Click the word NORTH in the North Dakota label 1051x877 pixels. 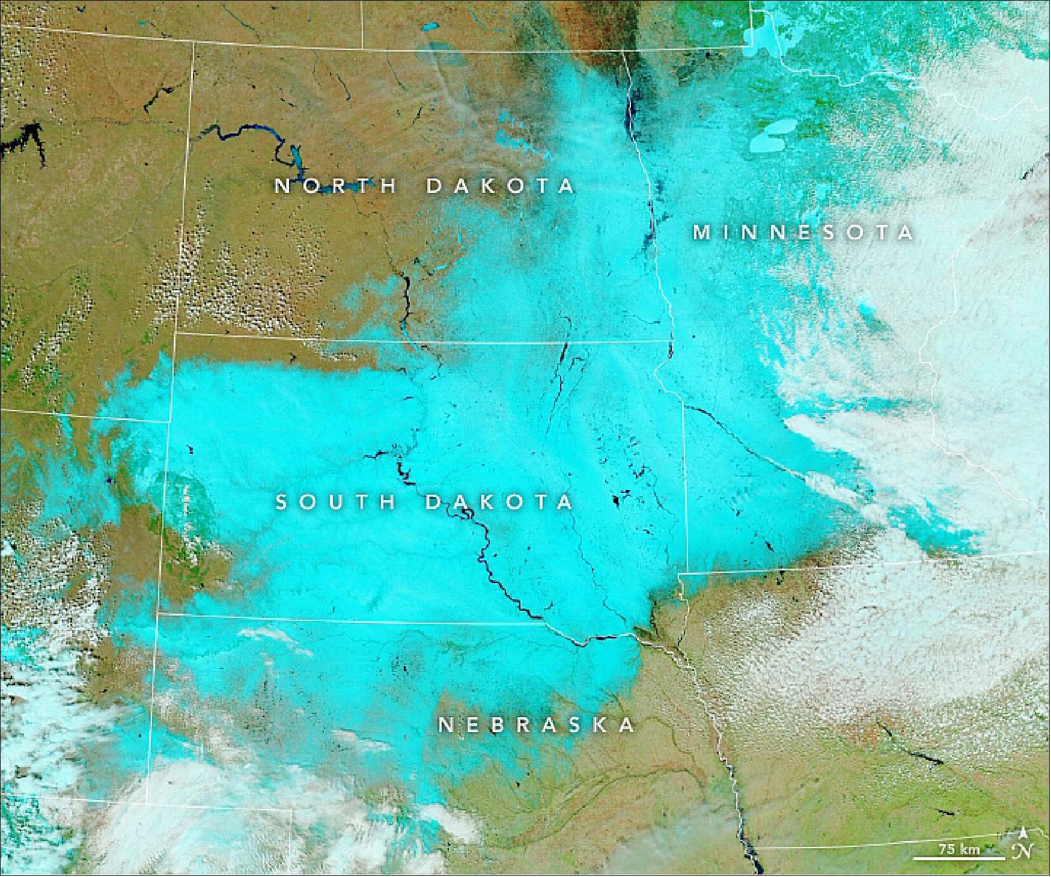(337, 186)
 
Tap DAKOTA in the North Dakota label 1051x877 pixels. (500, 186)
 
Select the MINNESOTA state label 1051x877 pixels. (803, 232)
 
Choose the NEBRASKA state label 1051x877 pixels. (537, 726)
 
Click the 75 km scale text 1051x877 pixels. (959, 849)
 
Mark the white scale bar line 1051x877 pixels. (959, 857)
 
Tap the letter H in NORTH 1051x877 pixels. (391, 186)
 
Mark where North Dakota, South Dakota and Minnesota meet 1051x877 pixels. (672, 341)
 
